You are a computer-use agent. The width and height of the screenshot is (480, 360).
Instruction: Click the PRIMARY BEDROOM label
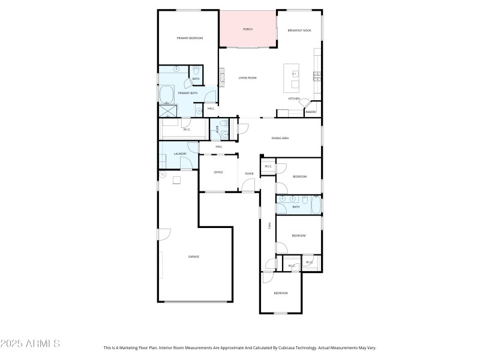(190, 38)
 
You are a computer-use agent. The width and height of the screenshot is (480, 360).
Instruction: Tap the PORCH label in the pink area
(247, 29)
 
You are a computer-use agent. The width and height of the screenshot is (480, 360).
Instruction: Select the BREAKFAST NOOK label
(299, 30)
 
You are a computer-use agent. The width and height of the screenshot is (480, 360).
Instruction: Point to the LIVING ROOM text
(248, 77)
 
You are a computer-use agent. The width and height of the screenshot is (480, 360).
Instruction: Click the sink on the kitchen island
(295, 74)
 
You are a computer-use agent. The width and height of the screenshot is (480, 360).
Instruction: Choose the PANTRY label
(310, 112)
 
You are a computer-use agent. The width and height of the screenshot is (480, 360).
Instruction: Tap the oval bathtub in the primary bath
(166, 94)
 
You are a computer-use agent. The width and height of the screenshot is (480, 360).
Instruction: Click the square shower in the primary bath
(167, 110)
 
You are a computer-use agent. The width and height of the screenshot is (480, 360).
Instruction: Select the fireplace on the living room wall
(221, 76)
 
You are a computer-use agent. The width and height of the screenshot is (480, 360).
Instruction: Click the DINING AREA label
(280, 139)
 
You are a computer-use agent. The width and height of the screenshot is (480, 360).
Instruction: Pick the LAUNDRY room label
(181, 154)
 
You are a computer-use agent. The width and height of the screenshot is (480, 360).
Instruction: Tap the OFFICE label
(218, 172)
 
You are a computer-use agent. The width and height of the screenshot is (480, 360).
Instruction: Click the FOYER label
(249, 174)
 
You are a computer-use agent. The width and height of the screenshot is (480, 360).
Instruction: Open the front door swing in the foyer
(248, 185)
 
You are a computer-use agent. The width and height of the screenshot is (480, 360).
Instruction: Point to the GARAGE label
(194, 256)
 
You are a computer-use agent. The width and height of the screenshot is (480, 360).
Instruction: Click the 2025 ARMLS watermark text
(30, 344)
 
